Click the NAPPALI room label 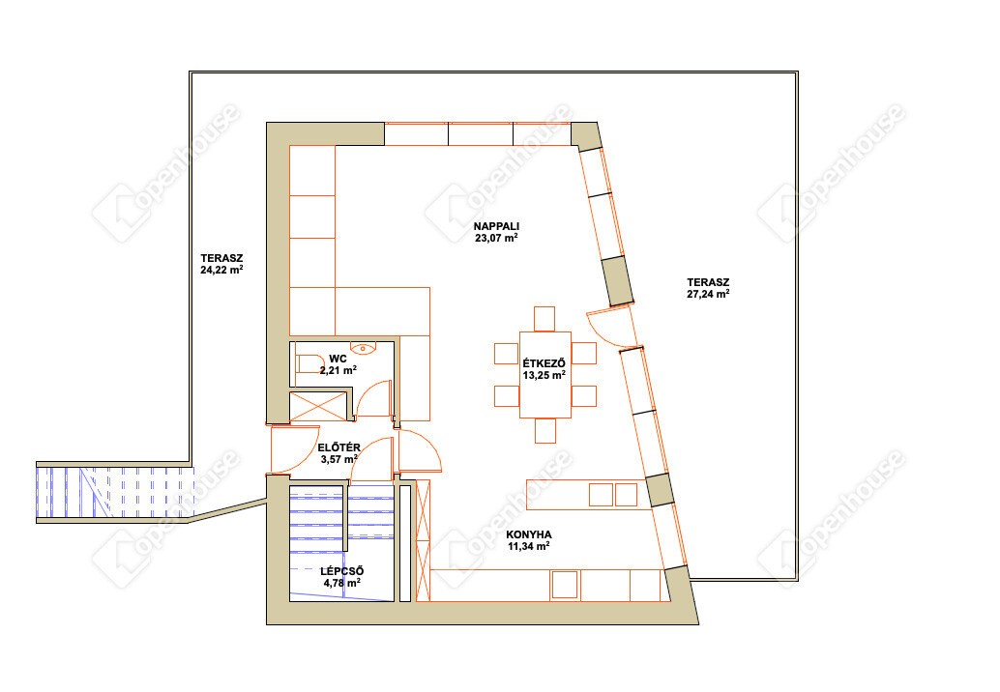(x=496, y=226)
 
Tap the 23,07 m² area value (x=496, y=239)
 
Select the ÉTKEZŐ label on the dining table (x=544, y=363)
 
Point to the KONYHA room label (x=529, y=534)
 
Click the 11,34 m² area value (x=529, y=546)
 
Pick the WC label (x=338, y=359)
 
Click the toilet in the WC (x=310, y=363)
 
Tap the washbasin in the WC (x=364, y=348)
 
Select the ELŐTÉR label (x=339, y=447)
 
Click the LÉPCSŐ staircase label (x=341, y=571)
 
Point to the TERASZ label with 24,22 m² (x=221, y=258)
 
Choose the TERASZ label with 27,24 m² (x=708, y=282)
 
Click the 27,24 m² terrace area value (x=708, y=294)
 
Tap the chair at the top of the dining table (x=544, y=319)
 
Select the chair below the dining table (x=545, y=431)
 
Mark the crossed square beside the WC (x=319, y=406)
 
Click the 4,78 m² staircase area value (x=341, y=583)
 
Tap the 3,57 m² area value (x=339, y=459)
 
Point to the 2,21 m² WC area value (x=338, y=370)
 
